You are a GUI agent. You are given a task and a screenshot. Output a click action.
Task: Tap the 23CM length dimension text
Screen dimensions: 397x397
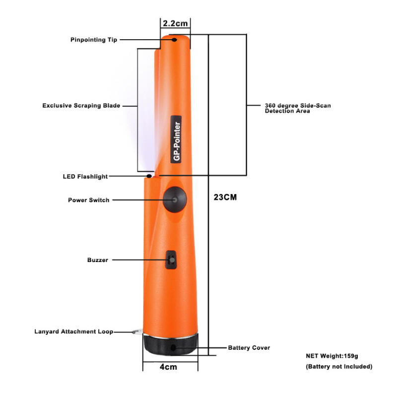tap(225, 197)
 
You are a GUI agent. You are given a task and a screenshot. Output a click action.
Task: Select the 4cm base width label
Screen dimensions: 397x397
tap(168, 367)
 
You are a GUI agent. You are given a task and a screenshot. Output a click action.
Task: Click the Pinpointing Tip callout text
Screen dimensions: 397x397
tap(94, 40)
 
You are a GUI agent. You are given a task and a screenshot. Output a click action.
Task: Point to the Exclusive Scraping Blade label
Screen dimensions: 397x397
tap(81, 106)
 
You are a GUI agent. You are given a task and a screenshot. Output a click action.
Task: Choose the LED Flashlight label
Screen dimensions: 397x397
tap(85, 177)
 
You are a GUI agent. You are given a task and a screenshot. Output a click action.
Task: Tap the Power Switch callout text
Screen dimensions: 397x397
tap(88, 200)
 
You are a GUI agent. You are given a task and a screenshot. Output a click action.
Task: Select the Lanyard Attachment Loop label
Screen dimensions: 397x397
tap(73, 331)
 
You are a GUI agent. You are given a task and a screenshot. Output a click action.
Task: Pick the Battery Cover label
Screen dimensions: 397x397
tap(249, 348)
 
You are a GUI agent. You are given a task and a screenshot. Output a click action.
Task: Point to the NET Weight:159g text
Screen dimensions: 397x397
tap(331, 356)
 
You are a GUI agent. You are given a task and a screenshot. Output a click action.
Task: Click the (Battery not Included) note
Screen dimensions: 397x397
tap(338, 367)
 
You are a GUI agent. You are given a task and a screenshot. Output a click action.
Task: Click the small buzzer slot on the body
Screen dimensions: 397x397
tap(171, 259)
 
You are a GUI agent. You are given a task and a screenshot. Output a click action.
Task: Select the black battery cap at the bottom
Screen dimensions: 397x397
tap(171, 345)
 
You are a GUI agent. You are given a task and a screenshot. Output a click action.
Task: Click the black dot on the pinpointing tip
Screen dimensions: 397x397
tap(174, 40)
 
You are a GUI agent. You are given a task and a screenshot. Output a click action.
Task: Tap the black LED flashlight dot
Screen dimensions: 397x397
tap(149, 176)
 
